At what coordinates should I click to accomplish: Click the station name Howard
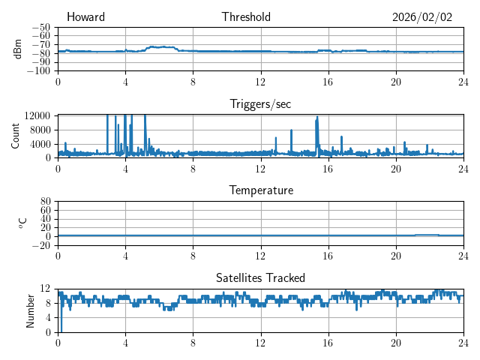tap(85, 17)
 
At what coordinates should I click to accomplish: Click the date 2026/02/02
tap(422, 17)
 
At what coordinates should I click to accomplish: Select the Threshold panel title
tap(246, 17)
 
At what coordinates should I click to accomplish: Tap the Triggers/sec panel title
tap(260, 104)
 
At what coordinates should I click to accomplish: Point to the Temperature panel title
tap(260, 190)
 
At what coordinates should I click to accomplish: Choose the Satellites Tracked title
tap(260, 277)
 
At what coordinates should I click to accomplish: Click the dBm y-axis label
tap(18, 49)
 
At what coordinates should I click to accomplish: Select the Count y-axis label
tap(15, 136)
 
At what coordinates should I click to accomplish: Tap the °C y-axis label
tap(22, 223)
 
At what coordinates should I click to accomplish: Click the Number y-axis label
tap(31, 310)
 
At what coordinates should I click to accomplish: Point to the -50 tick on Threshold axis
tap(40, 27)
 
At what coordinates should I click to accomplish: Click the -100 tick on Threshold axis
tap(38, 71)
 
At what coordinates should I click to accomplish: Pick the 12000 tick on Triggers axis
tap(37, 115)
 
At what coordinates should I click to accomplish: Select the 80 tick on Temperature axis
tap(45, 202)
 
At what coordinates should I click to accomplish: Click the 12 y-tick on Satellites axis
tap(45, 289)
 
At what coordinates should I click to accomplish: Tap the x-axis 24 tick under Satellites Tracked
tap(463, 342)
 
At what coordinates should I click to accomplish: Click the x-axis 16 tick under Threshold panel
tap(328, 81)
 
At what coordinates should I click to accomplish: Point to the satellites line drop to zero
tap(61, 328)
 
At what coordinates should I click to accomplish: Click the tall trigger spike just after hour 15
tap(317, 118)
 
